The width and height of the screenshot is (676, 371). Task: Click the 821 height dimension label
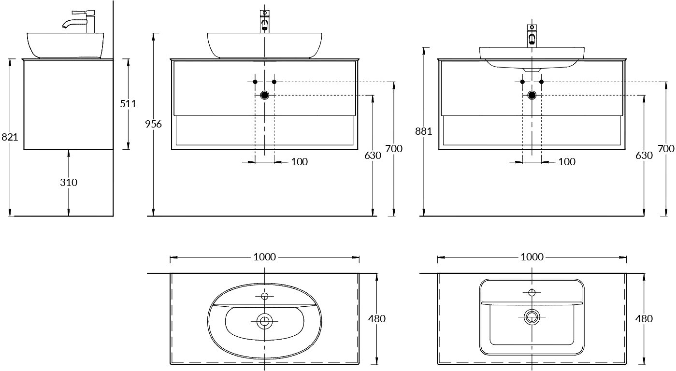10,137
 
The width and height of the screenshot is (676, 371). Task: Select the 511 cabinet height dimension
128,104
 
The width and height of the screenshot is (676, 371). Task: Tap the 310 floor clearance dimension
69,182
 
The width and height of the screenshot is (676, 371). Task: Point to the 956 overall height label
153,124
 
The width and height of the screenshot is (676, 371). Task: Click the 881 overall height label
423,131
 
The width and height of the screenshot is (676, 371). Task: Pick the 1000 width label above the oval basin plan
265,257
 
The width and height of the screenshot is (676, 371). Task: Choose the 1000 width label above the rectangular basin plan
532,257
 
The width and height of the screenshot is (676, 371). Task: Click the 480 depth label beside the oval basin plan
376,318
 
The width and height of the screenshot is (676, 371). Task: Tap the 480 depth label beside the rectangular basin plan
644,318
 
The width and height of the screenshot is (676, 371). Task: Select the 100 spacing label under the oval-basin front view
300,162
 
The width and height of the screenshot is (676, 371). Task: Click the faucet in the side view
79,22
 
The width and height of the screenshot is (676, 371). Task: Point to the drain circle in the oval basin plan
265,321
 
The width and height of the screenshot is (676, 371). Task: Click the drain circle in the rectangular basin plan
532,317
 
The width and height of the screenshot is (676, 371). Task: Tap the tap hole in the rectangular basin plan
532,292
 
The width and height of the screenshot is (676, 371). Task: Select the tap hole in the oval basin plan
265,296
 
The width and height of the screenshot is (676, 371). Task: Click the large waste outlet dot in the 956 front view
265,95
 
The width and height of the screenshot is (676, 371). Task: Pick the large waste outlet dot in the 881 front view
532,95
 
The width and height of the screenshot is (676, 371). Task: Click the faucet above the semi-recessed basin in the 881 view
532,36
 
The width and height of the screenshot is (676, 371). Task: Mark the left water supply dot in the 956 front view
255,82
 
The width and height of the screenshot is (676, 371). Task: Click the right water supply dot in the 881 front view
541,82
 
